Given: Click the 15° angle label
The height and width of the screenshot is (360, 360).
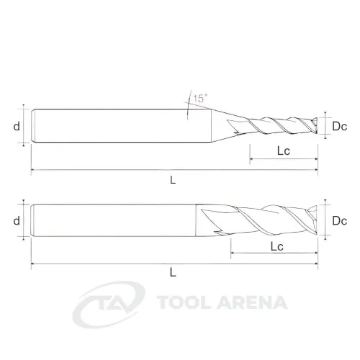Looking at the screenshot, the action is pos(200,99).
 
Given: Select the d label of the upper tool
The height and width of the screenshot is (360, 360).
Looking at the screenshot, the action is pos(17,126).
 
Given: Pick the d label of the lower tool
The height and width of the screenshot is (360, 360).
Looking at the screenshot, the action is pos(17,220).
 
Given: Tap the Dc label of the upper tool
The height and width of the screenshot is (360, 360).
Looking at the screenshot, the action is pos(339,126).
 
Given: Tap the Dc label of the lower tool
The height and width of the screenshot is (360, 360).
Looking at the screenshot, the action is pos(339,221).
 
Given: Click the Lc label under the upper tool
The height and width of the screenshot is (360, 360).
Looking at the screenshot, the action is pos(284,151).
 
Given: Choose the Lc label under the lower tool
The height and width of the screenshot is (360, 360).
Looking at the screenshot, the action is pos(277,246).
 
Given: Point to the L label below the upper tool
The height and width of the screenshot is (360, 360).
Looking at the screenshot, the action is pos(173,179).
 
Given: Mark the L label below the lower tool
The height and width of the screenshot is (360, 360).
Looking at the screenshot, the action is pos(173,272).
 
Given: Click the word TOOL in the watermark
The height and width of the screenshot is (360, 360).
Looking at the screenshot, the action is pos(185,302).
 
